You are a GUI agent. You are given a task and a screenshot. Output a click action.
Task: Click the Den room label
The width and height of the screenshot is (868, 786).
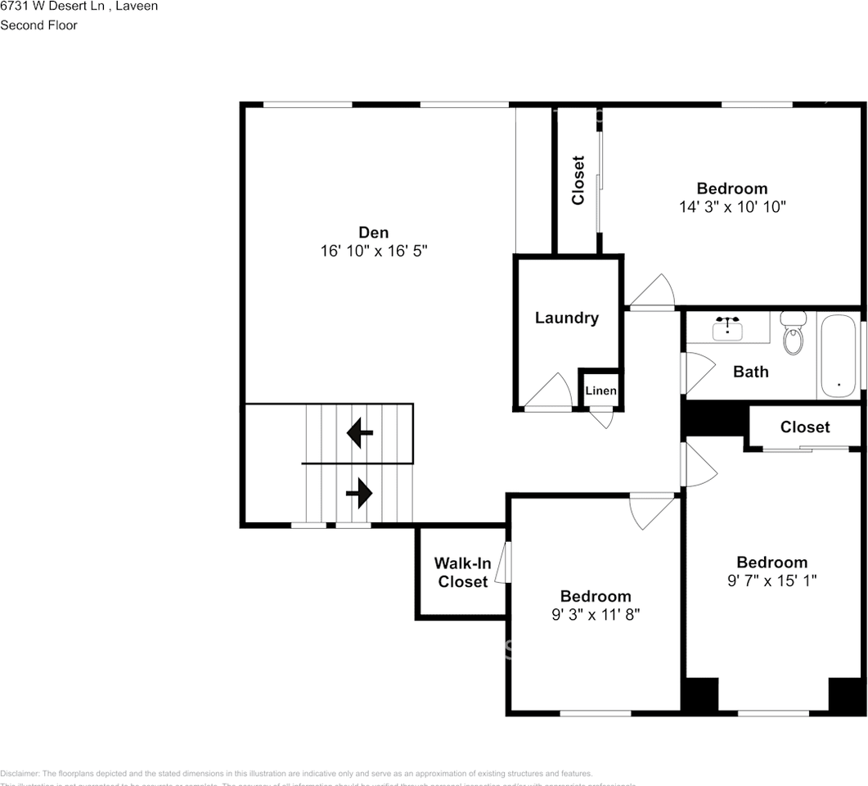373,233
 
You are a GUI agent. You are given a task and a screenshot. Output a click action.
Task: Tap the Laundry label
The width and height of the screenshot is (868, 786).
566,318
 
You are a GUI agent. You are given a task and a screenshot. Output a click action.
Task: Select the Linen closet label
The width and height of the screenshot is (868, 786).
600,391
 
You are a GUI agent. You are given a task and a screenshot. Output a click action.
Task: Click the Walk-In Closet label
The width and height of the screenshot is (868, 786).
462,572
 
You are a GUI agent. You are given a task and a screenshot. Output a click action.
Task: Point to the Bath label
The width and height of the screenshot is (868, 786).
750,372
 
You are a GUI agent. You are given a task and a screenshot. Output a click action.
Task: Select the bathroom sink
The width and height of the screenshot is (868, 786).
727,329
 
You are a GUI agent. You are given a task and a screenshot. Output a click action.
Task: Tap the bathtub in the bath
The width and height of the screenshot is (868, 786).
838,357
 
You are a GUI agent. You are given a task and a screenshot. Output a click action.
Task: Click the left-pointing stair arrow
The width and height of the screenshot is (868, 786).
360,432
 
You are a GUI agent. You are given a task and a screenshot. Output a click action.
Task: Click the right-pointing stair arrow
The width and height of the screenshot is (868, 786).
360,493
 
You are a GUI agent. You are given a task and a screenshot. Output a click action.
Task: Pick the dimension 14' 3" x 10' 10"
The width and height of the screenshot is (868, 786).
732,207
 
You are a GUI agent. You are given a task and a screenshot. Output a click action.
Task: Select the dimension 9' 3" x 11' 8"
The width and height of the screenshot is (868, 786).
595,614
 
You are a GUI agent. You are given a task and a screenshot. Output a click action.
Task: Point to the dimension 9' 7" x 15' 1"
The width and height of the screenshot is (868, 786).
771,580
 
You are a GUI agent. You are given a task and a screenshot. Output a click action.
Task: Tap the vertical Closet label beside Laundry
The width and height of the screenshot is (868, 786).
578,180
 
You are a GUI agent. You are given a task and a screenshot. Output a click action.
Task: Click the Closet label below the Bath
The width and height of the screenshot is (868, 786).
804,427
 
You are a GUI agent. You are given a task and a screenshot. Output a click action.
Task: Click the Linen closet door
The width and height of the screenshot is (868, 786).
602,418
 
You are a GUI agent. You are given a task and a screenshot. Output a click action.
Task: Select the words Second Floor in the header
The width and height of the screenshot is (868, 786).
38,25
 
